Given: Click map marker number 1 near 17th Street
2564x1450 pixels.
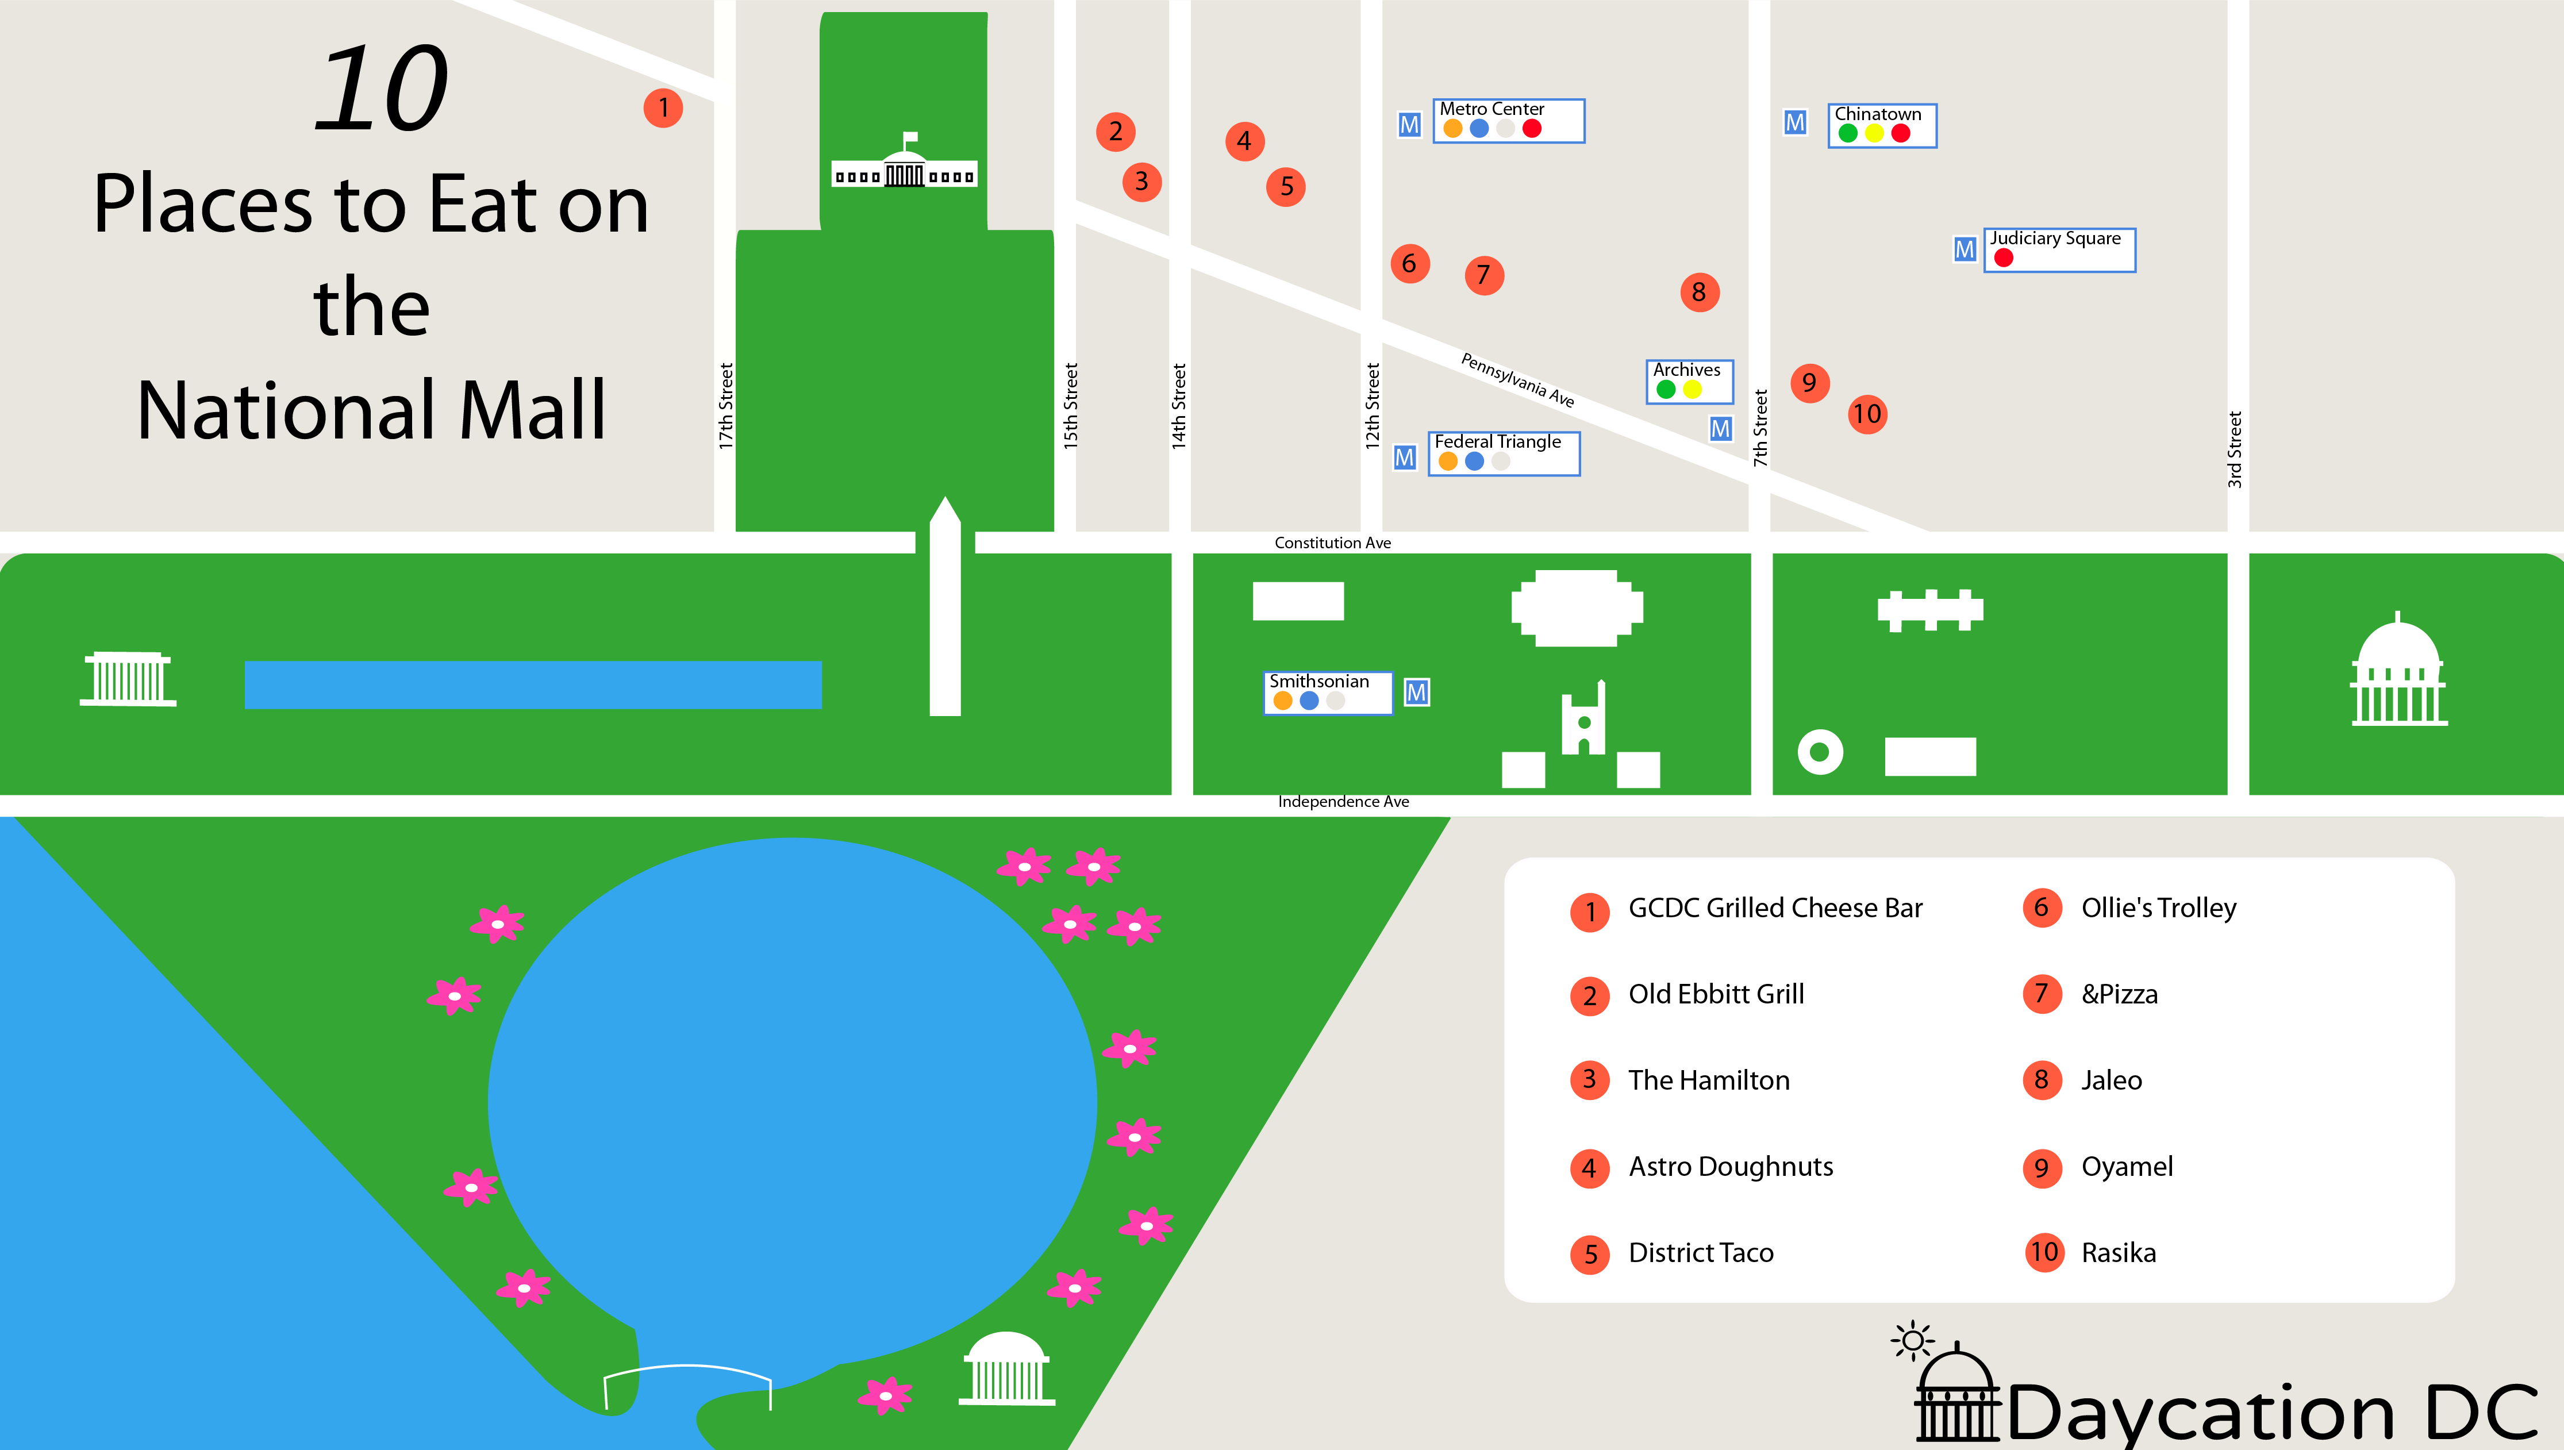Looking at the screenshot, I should [663, 107].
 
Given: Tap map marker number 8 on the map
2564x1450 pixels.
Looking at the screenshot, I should [1699, 292].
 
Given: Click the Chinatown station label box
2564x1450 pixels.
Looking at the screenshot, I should [1881, 125].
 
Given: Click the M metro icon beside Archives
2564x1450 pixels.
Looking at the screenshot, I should [1720, 429].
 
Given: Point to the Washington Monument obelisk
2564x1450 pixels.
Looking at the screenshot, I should [945, 607].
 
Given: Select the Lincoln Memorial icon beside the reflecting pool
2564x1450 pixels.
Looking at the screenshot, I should [128, 679].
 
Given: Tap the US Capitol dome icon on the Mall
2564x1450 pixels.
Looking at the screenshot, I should [2398, 672].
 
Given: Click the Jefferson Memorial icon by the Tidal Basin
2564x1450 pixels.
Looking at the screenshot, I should [1006, 1370].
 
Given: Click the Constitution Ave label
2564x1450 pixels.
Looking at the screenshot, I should [1332, 543].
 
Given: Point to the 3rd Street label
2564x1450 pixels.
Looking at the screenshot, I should [2235, 449].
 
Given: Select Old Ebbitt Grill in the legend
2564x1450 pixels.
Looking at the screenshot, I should [1716, 994].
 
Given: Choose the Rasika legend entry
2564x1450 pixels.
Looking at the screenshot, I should [2118, 1253].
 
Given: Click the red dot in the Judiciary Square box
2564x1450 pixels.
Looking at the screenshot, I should [2004, 258].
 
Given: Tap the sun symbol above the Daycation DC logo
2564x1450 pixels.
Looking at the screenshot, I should [1912, 1340].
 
